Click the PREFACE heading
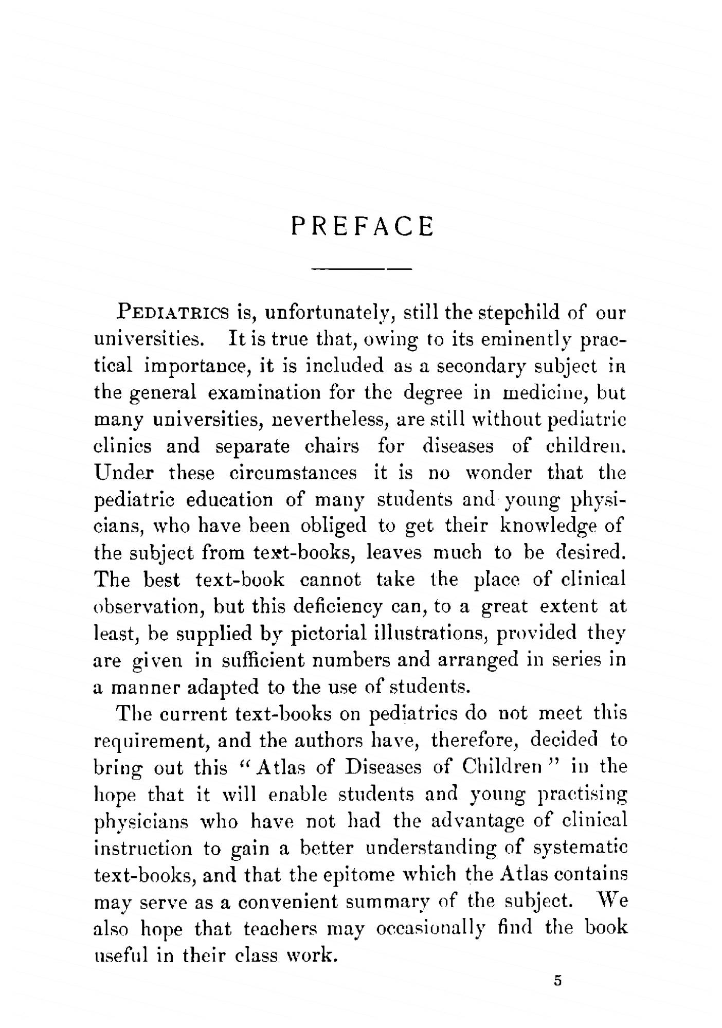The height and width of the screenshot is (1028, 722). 362,226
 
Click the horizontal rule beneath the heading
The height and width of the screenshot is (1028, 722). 362,269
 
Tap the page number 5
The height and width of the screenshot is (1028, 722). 557,981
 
